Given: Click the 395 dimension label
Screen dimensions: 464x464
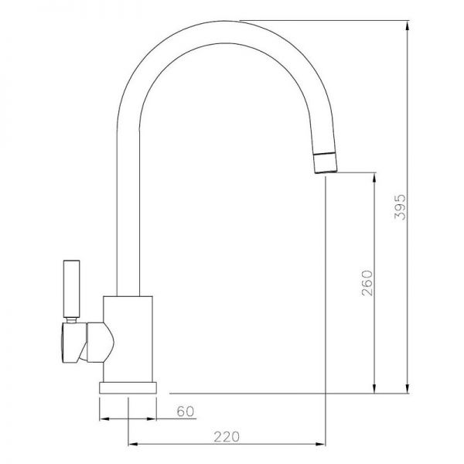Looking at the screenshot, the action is pos(400,206).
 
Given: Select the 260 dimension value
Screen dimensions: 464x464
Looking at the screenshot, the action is pos(367,283).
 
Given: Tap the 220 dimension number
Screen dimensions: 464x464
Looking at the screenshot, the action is pos(227,437).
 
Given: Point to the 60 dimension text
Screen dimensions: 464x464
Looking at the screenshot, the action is pos(186,411).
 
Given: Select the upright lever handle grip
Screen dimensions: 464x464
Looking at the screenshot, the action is pos(72,288).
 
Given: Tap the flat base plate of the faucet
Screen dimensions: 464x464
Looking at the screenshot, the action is pos(128,388).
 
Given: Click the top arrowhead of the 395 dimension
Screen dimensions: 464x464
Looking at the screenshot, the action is pos(408,26).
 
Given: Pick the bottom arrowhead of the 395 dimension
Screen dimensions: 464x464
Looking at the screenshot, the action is pos(408,388).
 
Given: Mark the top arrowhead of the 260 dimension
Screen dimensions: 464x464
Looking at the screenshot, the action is pos(374,177).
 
